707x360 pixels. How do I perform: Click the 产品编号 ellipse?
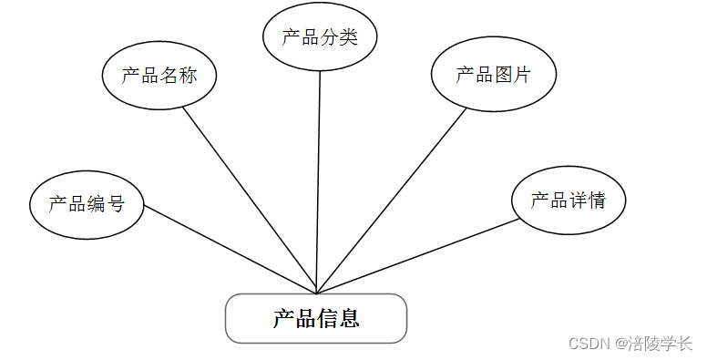pyautogui.click(x=87, y=203)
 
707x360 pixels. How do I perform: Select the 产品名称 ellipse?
pyautogui.click(x=159, y=76)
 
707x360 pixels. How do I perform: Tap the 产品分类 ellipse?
pyautogui.click(x=320, y=37)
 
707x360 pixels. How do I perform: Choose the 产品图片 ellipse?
pyautogui.click(x=493, y=75)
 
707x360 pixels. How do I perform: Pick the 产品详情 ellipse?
pyautogui.click(x=568, y=200)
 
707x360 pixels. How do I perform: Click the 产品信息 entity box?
pyautogui.click(x=315, y=318)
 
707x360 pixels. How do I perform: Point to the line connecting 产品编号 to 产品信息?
pyautogui.click(x=228, y=248)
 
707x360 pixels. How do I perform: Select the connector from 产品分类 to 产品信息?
pyautogui.click(x=319, y=182)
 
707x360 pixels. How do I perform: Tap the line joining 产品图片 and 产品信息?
pyautogui.click(x=392, y=200)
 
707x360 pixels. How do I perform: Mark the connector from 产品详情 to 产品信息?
pyautogui.click(x=419, y=256)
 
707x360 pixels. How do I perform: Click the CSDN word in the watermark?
pyautogui.click(x=587, y=344)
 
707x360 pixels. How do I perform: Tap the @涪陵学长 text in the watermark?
pyautogui.click(x=653, y=344)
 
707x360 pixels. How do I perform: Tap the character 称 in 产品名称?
pyautogui.click(x=187, y=76)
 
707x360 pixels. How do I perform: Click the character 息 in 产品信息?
pyautogui.click(x=348, y=318)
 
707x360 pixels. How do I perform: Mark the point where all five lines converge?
pyautogui.click(x=316, y=293)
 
